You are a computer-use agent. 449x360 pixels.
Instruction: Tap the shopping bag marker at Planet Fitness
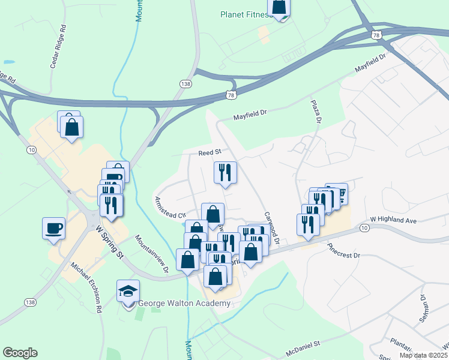279,7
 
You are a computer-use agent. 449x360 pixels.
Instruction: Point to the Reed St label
210,153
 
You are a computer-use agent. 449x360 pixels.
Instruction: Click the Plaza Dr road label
316,112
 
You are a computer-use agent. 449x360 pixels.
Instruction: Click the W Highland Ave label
393,220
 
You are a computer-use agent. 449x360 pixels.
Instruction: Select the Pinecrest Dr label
343,251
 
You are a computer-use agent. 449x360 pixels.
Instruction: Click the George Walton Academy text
184,304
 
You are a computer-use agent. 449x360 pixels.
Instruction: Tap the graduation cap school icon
128,292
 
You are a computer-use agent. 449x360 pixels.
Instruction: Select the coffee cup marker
54,228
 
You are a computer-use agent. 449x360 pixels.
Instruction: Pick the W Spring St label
109,242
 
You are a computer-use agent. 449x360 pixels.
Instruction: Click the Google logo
20,353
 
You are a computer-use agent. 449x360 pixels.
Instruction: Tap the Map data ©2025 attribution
423,355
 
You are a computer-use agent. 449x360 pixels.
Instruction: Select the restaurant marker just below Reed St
225,173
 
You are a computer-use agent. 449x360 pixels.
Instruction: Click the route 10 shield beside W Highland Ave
364,228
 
